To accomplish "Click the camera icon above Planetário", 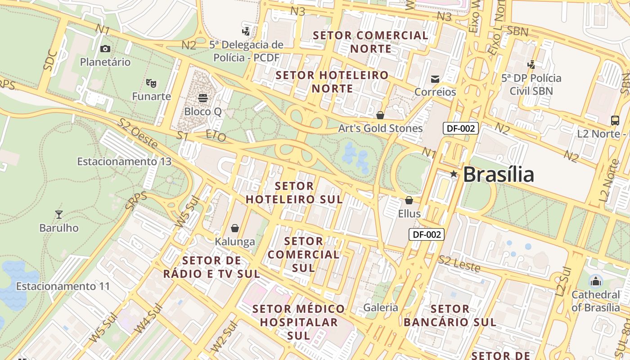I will point(105,49).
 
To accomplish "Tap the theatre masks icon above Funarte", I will point(151,83).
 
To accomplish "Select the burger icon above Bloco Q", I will point(202,98).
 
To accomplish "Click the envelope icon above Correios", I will point(435,79).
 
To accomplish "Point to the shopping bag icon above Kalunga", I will point(234,228).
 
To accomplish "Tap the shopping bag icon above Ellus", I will point(409,200).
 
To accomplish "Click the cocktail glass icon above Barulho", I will point(58,214).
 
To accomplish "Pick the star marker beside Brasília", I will point(454,174).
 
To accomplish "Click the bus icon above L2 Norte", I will point(615,120).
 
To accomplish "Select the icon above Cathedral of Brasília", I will point(596,282).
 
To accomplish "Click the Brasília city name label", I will point(498,175).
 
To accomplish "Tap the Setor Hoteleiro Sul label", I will point(294,192).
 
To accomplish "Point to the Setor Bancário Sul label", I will point(450,315).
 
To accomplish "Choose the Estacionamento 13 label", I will point(124,161).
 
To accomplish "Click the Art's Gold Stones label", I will point(380,128).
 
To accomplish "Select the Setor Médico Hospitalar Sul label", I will point(299,322).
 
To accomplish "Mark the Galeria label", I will point(381,307).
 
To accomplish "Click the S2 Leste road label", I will point(459,263).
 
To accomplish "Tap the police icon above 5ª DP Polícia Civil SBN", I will point(531,64).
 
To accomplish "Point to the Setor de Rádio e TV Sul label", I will point(211,267).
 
